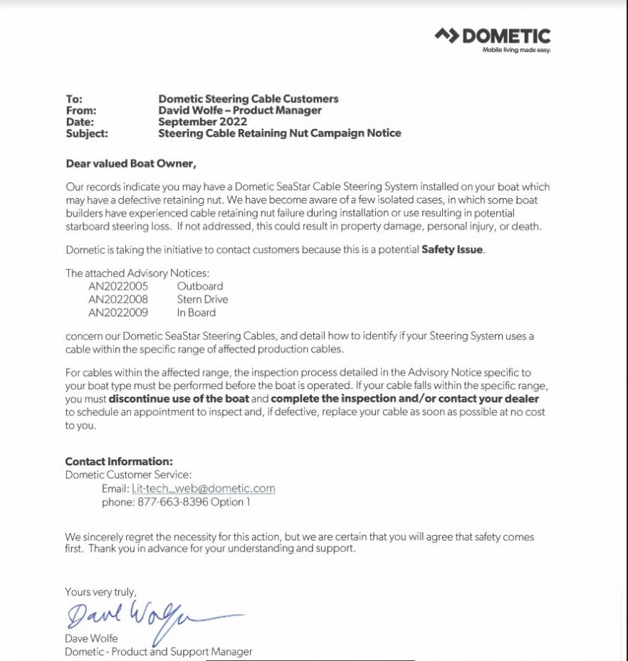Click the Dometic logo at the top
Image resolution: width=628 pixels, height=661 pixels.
pyautogui.click(x=493, y=36)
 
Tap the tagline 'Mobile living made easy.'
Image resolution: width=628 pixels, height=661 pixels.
pyautogui.click(x=516, y=50)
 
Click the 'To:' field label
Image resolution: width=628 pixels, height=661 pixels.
pyautogui.click(x=74, y=99)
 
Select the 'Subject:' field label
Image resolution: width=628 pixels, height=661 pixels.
pyautogui.click(x=86, y=133)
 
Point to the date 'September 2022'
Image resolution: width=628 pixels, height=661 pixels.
pyautogui.click(x=202, y=122)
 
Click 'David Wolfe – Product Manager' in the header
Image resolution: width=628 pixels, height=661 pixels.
pyautogui.click(x=239, y=110)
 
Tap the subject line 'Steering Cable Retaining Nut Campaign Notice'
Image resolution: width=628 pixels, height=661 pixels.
pyautogui.click(x=279, y=133)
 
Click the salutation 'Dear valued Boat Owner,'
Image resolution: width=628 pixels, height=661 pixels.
pyautogui.click(x=130, y=163)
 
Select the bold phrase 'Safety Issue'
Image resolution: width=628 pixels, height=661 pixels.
pyautogui.click(x=453, y=250)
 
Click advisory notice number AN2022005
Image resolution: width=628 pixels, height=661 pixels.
pyautogui.click(x=118, y=286)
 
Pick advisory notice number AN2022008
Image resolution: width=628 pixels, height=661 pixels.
pyautogui.click(x=118, y=299)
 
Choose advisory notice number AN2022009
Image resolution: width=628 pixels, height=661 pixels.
pyautogui.click(x=118, y=312)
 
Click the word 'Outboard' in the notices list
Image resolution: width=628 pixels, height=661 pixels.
pyautogui.click(x=200, y=286)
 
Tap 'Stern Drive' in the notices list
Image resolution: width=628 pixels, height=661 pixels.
pyautogui.click(x=202, y=299)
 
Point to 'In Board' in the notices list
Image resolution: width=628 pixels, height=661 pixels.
pyautogui.click(x=197, y=312)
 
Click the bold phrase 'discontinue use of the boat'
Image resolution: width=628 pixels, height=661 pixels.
pyautogui.click(x=178, y=399)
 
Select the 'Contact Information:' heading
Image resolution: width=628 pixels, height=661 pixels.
pyautogui.click(x=119, y=462)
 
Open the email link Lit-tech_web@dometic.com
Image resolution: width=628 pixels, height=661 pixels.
pyautogui.click(x=203, y=489)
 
